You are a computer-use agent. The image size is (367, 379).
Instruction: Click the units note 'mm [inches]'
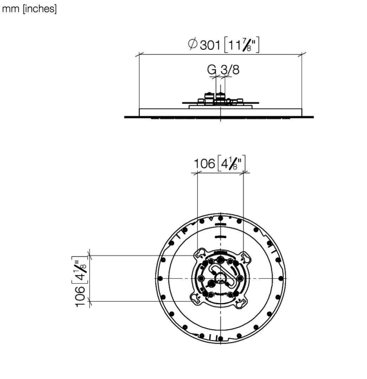pos(29,9)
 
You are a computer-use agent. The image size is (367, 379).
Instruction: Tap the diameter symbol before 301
pos(192,44)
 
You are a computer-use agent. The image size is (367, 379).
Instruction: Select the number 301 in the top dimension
pos(210,45)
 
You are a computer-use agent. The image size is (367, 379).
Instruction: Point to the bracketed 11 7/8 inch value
pos(242,45)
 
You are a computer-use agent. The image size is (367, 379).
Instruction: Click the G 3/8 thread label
pos(223,70)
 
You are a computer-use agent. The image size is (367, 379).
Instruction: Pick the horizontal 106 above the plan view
pos(204,164)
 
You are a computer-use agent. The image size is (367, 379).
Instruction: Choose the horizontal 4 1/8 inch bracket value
pos(231,163)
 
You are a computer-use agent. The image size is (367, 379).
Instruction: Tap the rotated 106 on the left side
pos(80,297)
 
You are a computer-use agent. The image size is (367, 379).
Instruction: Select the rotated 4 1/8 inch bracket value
pos(80,270)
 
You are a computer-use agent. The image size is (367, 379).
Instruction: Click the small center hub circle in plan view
pos(220,278)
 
